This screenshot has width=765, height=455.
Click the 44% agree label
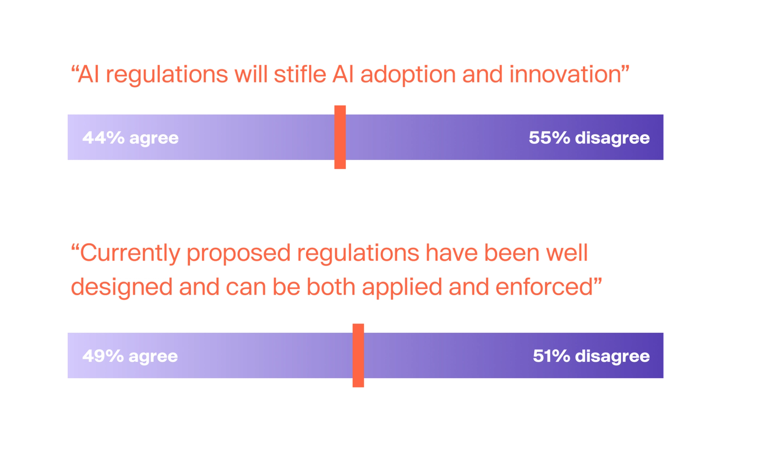(130, 138)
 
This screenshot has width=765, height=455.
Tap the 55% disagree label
(589, 138)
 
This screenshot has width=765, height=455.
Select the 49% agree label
(130, 356)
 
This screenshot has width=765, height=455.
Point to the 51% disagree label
(591, 356)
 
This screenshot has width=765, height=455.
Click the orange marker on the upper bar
(340, 137)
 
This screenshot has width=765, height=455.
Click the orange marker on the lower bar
(358, 355)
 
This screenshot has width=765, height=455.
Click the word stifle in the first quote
(300, 75)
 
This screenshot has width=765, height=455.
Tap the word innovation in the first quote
(565, 75)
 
